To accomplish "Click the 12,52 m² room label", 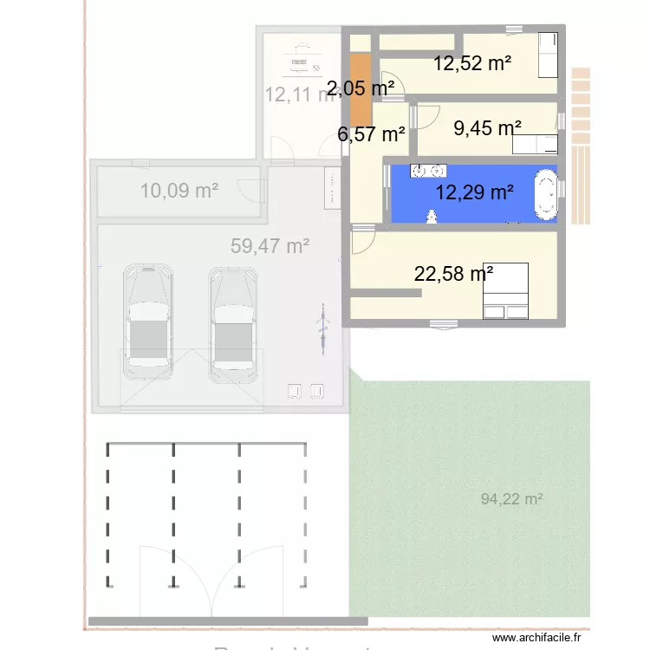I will pos(472,62).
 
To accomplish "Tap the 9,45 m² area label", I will pos(488,128).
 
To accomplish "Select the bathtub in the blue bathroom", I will pos(546,193).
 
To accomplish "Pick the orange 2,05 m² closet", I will pos(361,89).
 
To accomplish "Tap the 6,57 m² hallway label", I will pos(372,134).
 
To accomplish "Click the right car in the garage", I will pos(232,322).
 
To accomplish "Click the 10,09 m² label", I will pos(179,191).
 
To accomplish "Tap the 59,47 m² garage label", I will pos(270,246).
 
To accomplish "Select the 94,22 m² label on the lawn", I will pos(511,498).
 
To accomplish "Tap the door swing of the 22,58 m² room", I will pos(364,240).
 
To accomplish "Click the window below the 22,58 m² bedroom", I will pos(445,326).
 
